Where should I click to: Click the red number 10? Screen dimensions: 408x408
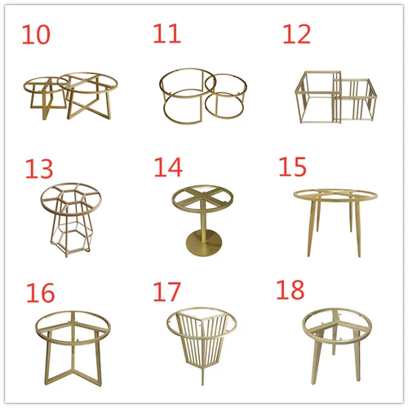(x=36, y=34)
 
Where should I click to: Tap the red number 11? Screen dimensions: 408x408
(x=166, y=33)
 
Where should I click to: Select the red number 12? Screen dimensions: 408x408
(x=296, y=34)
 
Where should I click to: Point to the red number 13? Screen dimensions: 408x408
(x=39, y=169)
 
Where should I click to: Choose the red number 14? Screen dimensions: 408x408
(x=168, y=167)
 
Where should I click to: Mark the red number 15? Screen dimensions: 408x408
(x=293, y=166)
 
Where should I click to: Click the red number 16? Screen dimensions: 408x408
(x=41, y=293)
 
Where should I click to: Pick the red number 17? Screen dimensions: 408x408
(x=166, y=292)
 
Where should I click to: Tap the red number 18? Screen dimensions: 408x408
(x=290, y=290)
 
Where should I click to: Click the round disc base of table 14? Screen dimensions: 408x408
(x=204, y=242)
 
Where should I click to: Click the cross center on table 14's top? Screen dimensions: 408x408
(x=203, y=195)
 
